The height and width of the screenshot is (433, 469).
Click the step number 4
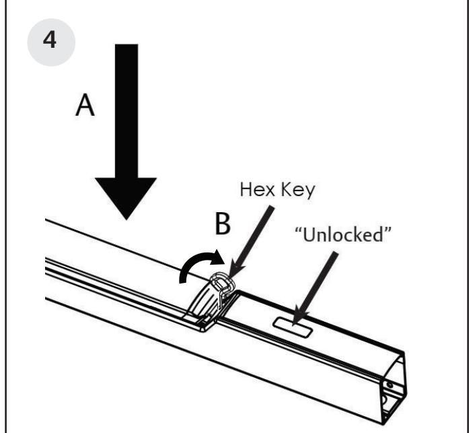click(x=49, y=38)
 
